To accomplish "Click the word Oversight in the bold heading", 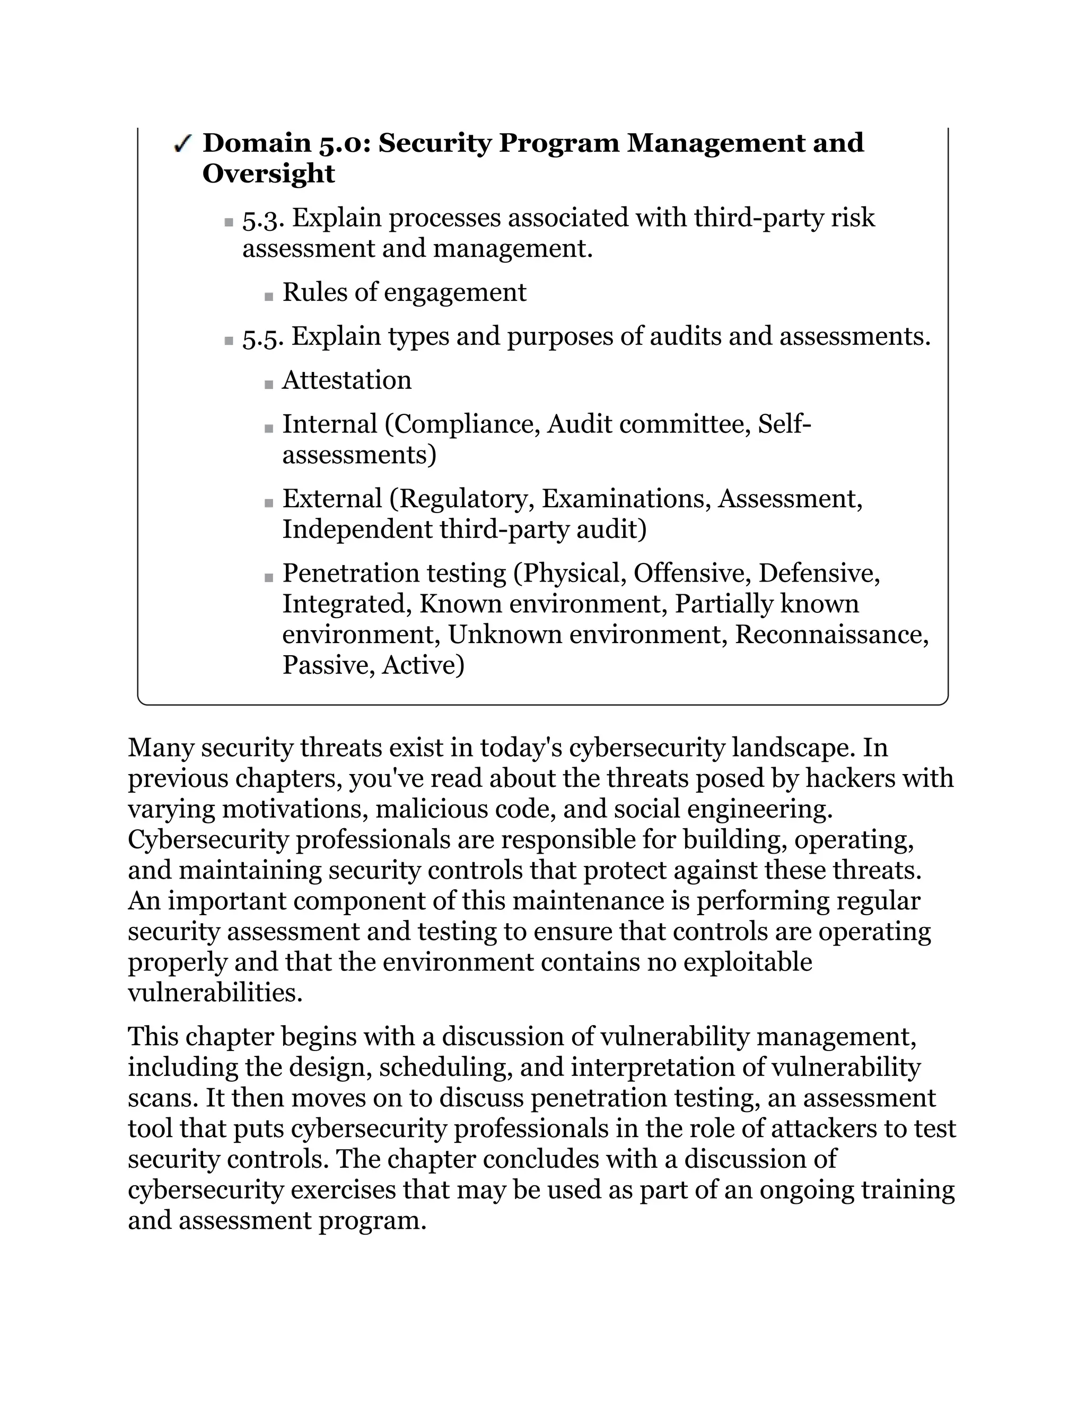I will click(268, 174).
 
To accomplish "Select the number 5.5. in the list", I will click(262, 337).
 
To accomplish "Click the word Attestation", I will click(347, 380).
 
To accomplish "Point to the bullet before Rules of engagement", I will click(269, 297).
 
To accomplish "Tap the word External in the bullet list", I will click(332, 499).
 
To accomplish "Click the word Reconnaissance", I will click(831, 635).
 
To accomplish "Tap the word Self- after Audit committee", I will click(784, 424).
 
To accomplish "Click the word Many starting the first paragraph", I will click(161, 748).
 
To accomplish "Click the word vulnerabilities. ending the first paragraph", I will click(215, 993).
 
